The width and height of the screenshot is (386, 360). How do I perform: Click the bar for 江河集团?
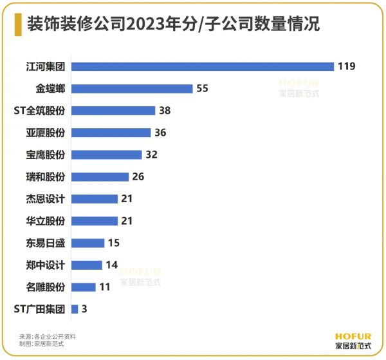[x=202, y=66]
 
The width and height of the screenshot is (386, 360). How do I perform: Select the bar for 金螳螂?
[x=132, y=88]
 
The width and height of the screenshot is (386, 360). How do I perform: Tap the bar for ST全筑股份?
[x=113, y=110]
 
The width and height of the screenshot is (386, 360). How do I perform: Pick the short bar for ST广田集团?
[x=75, y=309]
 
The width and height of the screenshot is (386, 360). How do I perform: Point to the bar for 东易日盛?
[x=87, y=243]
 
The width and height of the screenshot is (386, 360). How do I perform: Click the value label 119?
[x=347, y=66]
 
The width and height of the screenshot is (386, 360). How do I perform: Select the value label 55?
[x=203, y=88]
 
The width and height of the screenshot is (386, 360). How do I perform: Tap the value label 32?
[x=151, y=155]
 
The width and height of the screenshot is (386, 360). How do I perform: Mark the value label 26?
[x=138, y=176]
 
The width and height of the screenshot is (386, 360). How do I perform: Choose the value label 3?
[x=84, y=309]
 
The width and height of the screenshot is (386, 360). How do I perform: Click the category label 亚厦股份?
[x=46, y=133]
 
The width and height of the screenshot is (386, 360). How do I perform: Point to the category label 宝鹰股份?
[x=46, y=155]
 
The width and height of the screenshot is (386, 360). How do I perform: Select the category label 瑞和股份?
[x=46, y=176]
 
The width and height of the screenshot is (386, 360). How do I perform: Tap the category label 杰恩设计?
[x=46, y=198]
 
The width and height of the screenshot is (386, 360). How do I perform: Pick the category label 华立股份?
[x=46, y=221]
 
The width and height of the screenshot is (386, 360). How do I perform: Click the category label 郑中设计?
[x=46, y=265]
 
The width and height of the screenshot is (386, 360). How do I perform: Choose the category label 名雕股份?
[x=46, y=287]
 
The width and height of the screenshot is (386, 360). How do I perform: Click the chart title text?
[x=174, y=24]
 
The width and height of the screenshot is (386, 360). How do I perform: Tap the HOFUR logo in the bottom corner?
[x=353, y=340]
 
